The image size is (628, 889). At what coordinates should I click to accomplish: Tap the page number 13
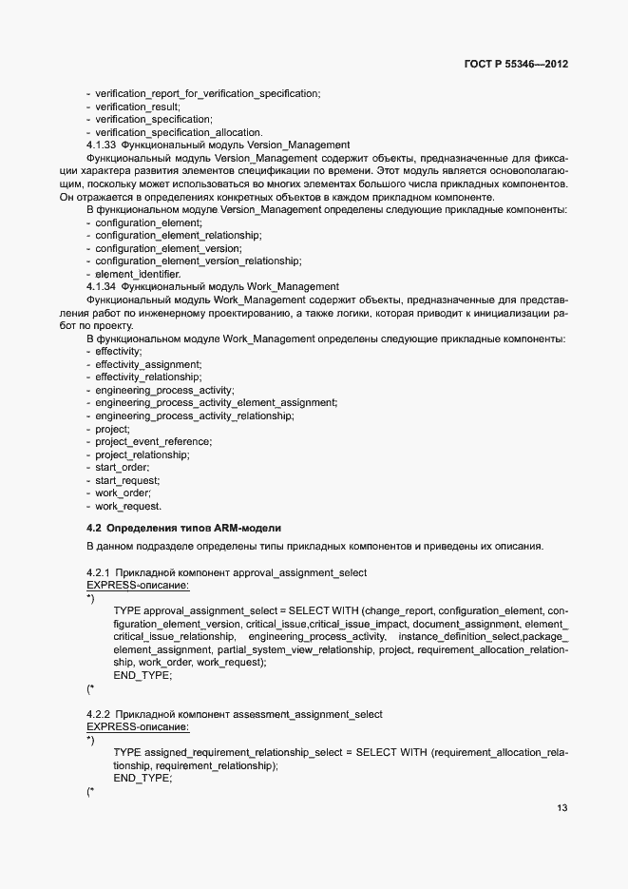562,807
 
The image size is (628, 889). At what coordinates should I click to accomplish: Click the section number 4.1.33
101,145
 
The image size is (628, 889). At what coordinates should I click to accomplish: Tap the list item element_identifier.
138,274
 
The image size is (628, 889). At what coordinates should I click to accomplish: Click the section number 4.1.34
101,286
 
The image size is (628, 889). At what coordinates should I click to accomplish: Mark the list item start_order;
123,467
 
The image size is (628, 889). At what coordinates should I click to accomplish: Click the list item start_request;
128,480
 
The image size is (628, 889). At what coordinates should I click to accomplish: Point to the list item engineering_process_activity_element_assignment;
216,402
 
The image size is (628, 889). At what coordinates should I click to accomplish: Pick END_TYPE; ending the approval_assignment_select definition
143,674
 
